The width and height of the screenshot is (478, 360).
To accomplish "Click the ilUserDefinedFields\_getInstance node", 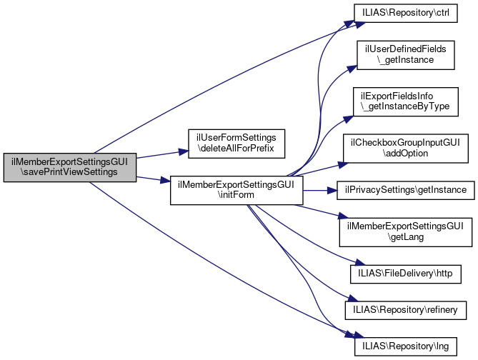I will (x=406, y=55).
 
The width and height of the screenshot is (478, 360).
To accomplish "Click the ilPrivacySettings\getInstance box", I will (x=406, y=190).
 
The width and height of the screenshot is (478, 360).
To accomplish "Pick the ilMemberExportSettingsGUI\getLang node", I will (x=406, y=231).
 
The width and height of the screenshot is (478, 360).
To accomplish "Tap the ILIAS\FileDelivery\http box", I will (x=405, y=273).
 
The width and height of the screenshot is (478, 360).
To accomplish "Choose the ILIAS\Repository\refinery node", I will (x=406, y=309).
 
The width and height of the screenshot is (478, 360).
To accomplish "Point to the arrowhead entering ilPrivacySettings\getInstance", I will (x=332, y=190).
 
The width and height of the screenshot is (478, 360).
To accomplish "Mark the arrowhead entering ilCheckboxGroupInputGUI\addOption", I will (x=340, y=164).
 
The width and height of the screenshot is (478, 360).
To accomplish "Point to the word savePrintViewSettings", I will (x=69, y=174).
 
